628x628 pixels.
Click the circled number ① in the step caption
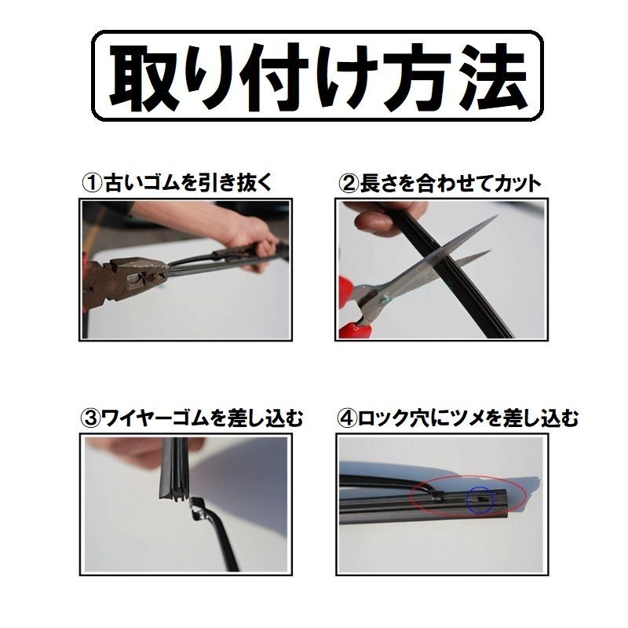pyautogui.click(x=93, y=183)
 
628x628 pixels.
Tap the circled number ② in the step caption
pyautogui.click(x=348, y=184)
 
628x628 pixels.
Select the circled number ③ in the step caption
pyautogui.click(x=91, y=418)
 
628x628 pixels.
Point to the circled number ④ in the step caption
pyautogui.click(x=348, y=418)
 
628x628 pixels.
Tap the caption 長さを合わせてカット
pyautogui.click(x=451, y=184)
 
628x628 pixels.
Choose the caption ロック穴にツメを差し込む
pyautogui.click(x=468, y=418)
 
